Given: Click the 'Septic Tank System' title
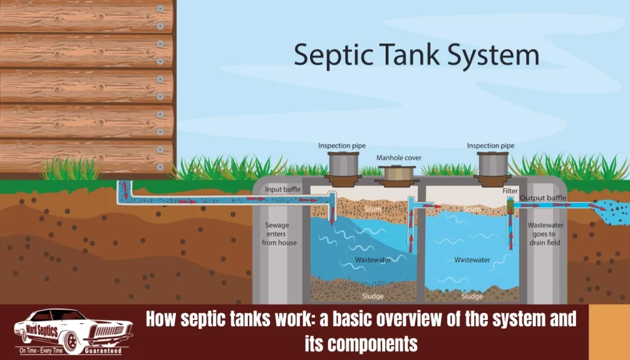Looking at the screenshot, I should click(x=417, y=56).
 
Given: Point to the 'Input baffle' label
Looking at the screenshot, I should click(x=282, y=190).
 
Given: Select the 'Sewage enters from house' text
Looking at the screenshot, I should click(x=279, y=234).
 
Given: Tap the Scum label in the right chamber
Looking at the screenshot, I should click(x=472, y=209).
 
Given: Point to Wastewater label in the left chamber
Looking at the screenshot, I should click(x=373, y=260).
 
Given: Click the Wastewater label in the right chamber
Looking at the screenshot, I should click(x=472, y=260).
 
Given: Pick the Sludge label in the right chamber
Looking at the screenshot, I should click(x=472, y=296).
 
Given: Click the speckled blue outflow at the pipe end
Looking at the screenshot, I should click(x=612, y=212).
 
